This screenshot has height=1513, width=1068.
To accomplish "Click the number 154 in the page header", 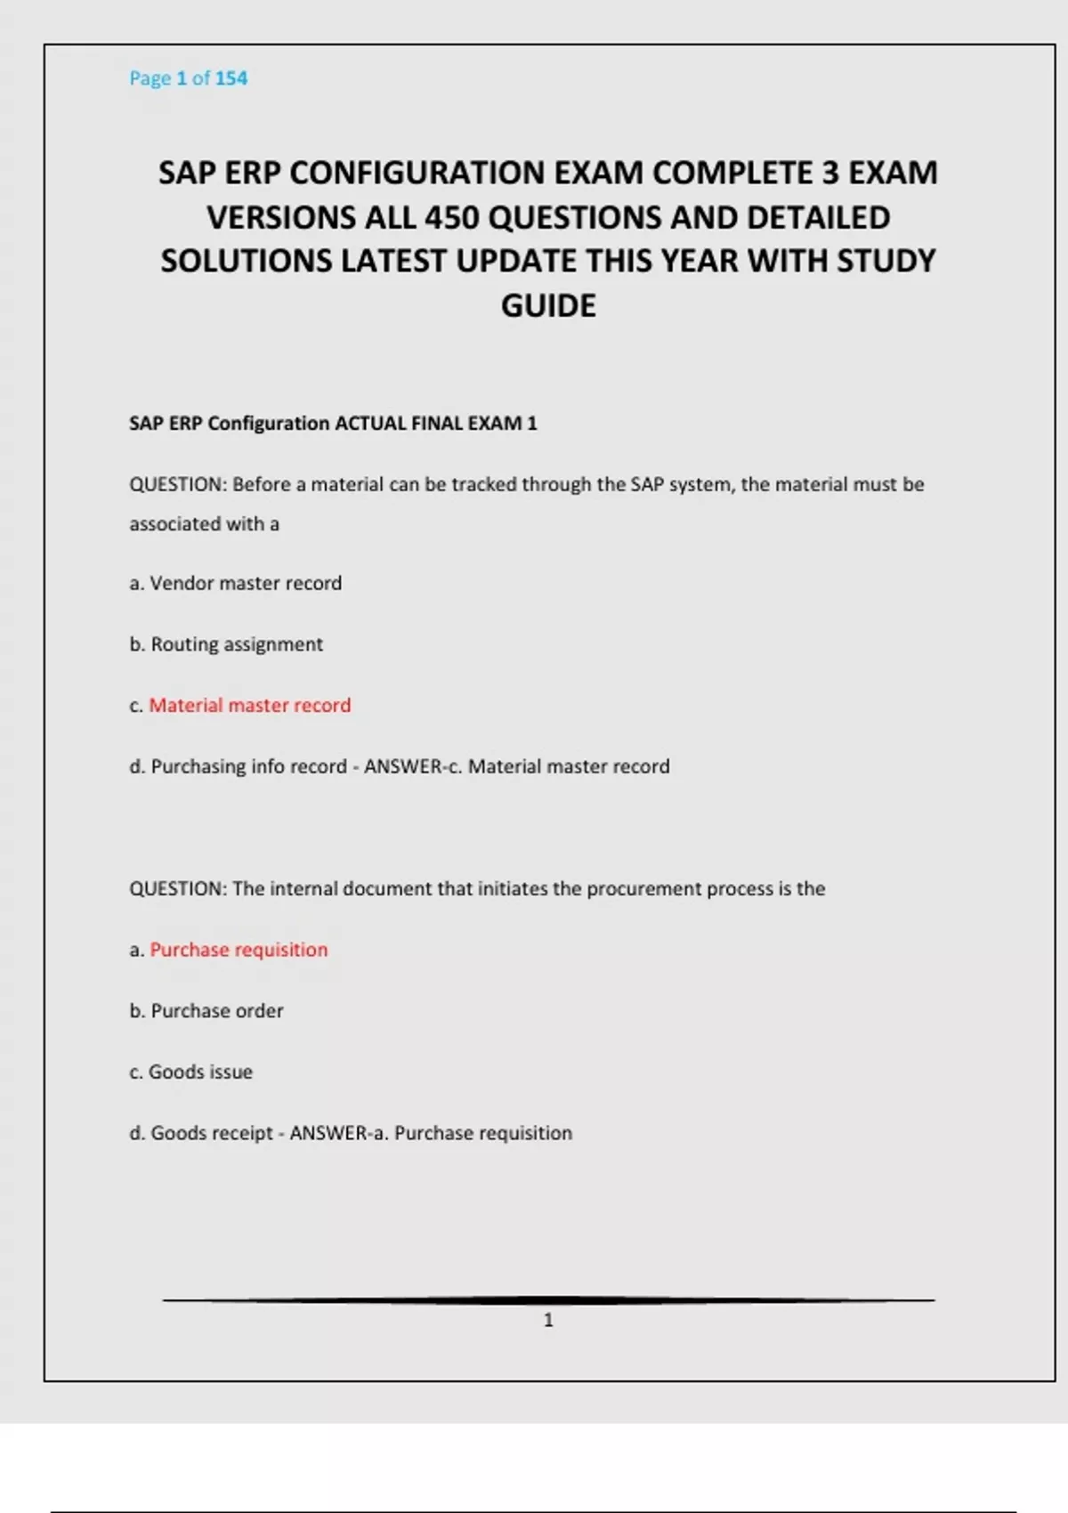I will point(231,78).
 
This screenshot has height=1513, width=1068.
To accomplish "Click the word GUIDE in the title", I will point(548,306).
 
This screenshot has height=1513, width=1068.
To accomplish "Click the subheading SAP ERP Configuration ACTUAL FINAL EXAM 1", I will point(333,424).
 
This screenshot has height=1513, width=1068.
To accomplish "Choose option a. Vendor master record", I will point(236,584).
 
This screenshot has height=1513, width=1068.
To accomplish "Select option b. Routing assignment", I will point(226,644).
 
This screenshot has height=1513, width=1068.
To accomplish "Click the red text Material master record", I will point(250,706).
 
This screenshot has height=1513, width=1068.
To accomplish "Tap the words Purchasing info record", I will point(248,767).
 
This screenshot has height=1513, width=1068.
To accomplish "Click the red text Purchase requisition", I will point(239,950).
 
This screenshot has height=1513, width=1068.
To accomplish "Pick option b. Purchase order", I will point(206,1011).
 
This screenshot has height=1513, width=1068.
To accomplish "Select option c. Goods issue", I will point(191,1072).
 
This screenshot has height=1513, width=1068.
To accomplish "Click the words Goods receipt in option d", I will point(211,1133).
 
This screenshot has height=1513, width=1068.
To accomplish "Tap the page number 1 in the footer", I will point(548,1320).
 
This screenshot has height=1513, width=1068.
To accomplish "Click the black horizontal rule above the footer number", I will point(548,1300).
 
